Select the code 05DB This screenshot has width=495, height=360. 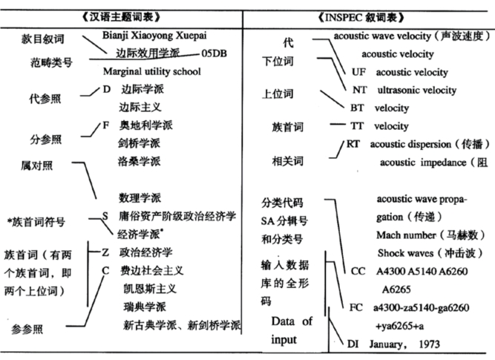[215, 53]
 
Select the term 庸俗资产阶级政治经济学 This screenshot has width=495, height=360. [177, 216]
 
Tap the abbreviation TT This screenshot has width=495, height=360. [357, 126]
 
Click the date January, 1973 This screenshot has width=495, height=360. [407, 344]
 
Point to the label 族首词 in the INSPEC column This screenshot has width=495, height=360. [288, 128]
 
